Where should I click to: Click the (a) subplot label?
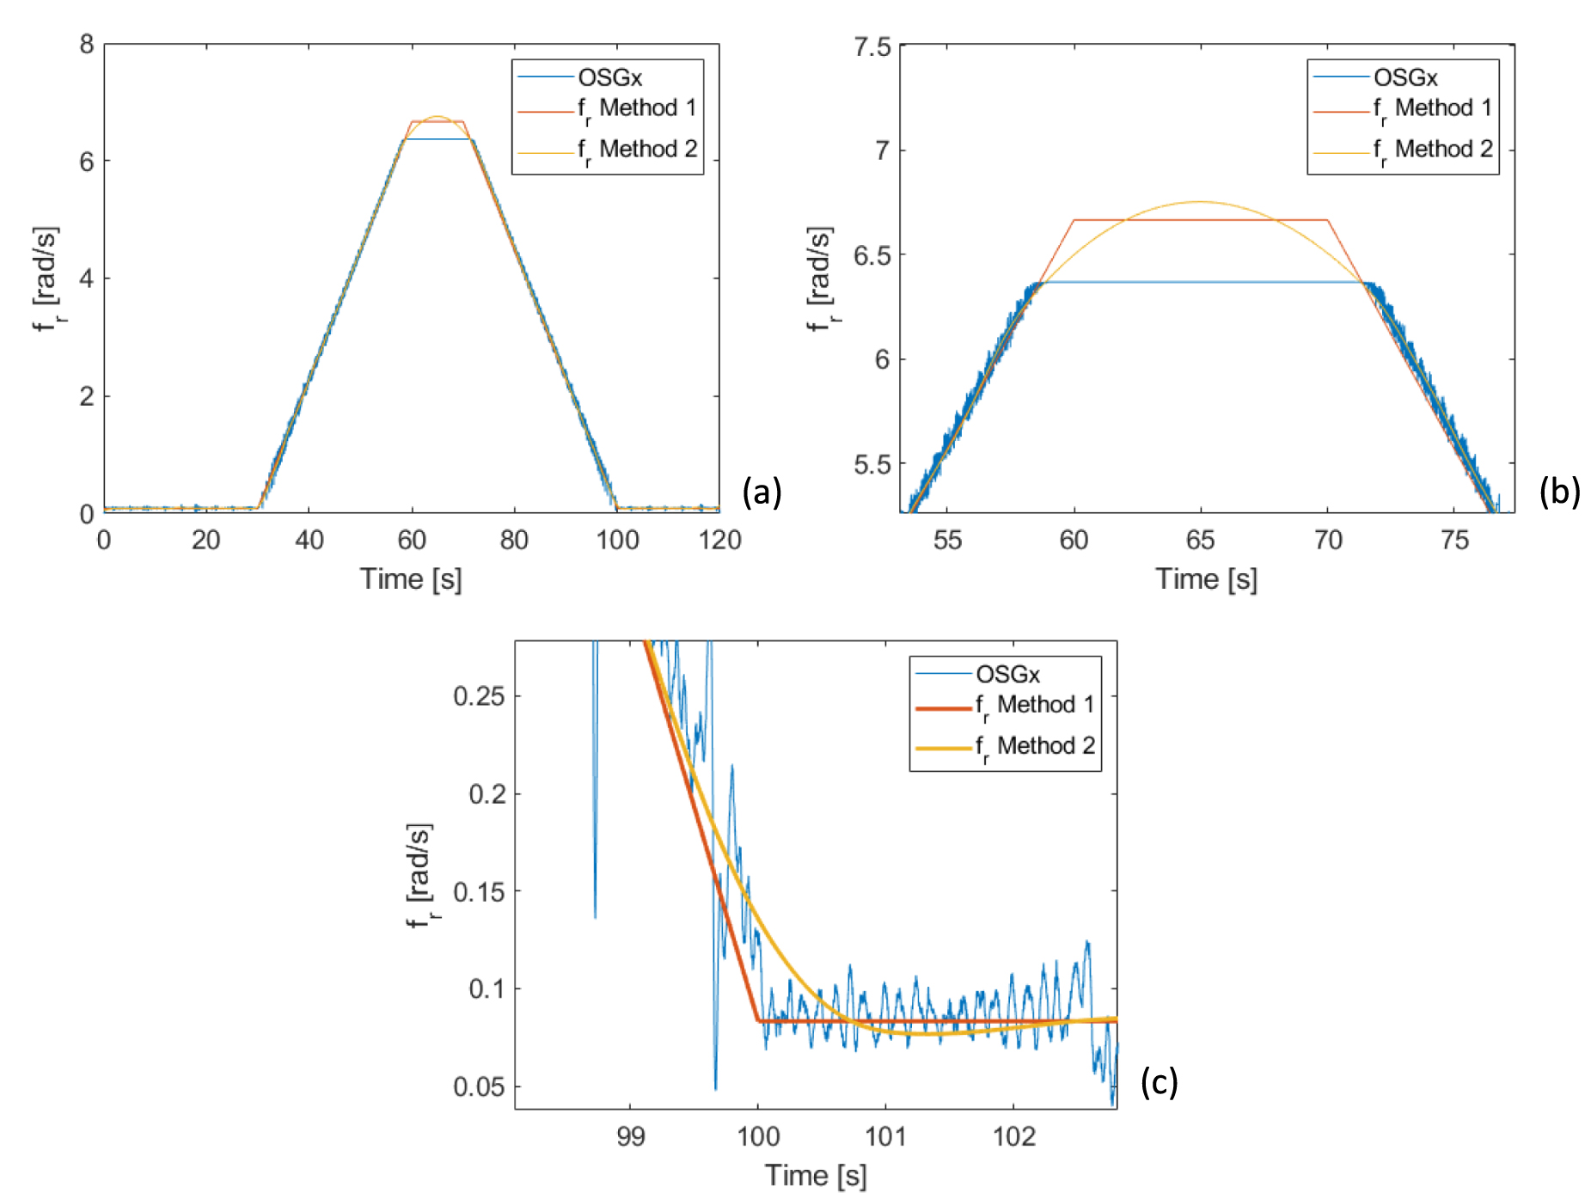tap(762, 492)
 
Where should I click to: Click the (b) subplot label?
tap(1559, 492)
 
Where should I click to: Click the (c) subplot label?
tap(1159, 1082)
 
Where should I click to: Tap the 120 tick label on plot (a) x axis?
tap(719, 541)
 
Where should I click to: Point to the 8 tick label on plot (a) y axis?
tap(87, 44)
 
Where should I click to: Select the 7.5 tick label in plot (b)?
tap(872, 46)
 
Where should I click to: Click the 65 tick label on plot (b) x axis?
tap(1200, 541)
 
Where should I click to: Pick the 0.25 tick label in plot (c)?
tap(479, 696)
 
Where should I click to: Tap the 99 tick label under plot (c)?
tap(630, 1137)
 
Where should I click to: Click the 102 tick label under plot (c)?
tap(1013, 1137)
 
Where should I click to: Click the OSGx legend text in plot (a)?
tap(609, 78)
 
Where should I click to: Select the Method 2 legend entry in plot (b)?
tap(1433, 150)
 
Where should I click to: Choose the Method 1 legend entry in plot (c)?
tap(1035, 706)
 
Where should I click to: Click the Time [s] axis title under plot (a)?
tap(411, 579)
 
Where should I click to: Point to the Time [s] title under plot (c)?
tap(816, 1175)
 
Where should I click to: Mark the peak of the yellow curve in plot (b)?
tap(1200, 202)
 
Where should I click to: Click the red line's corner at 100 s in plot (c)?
tap(758, 1021)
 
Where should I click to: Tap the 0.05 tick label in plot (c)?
tap(479, 1087)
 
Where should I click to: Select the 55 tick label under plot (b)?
tap(947, 541)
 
